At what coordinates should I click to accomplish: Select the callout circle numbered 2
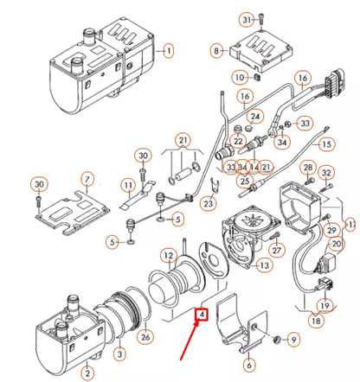click(86, 372)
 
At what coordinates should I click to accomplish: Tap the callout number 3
click(119, 353)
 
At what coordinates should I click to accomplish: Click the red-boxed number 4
click(202, 315)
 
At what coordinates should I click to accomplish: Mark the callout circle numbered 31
click(246, 19)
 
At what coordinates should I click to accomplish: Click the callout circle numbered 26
click(145, 337)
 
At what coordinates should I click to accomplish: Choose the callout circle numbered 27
click(277, 251)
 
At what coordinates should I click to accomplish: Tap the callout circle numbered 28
click(307, 167)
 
